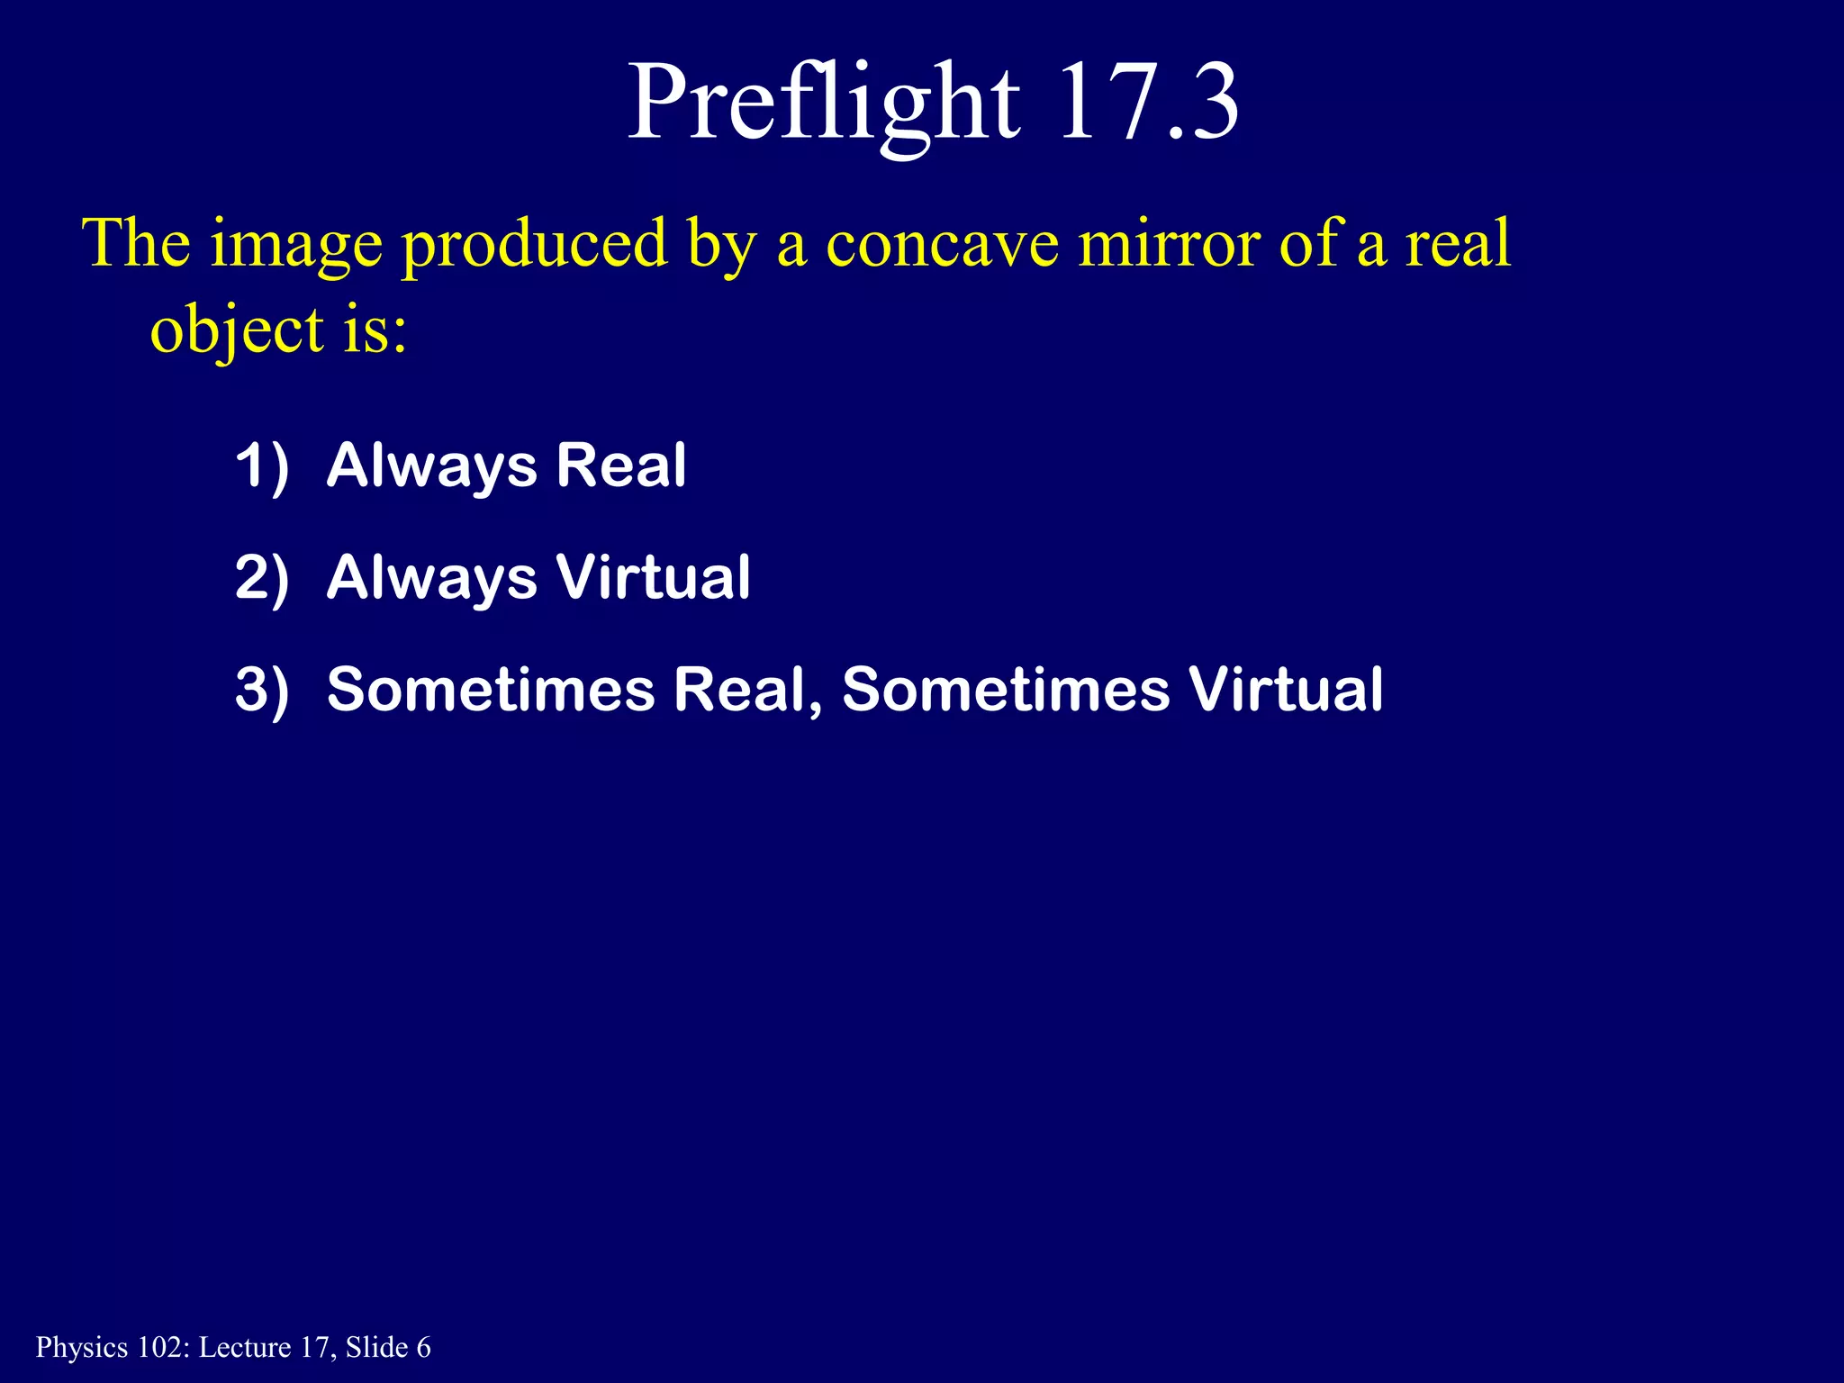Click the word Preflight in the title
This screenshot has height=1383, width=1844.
click(823, 104)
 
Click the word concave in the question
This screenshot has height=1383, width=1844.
click(942, 245)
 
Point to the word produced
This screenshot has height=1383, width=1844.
click(535, 245)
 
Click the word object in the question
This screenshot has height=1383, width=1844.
click(237, 331)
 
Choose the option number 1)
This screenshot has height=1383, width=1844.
click(262, 466)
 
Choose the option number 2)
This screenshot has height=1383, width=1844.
click(262, 578)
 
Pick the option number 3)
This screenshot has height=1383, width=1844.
click(262, 690)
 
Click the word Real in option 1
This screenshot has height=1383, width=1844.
click(621, 466)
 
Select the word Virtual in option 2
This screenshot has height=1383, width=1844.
click(653, 577)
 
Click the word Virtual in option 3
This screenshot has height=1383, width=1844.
click(1285, 690)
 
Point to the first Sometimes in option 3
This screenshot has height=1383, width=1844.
click(491, 690)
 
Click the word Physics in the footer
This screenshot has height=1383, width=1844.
click(82, 1348)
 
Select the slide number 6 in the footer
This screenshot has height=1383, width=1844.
click(423, 1347)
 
